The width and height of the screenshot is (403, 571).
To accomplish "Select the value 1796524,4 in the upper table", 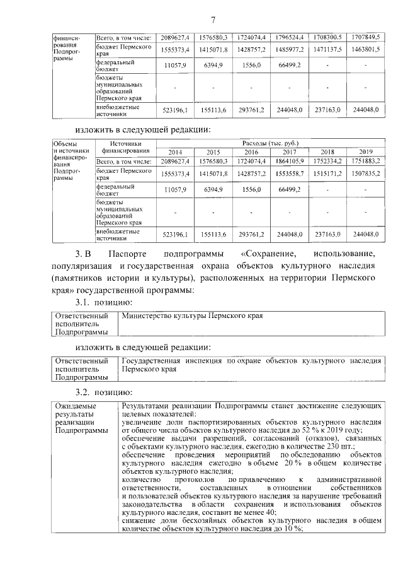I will (290, 37).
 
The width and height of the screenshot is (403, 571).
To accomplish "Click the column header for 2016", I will (251, 152).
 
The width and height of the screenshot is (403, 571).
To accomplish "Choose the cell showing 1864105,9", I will (290, 162).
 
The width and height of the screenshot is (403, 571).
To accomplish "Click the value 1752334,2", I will (328, 162).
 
